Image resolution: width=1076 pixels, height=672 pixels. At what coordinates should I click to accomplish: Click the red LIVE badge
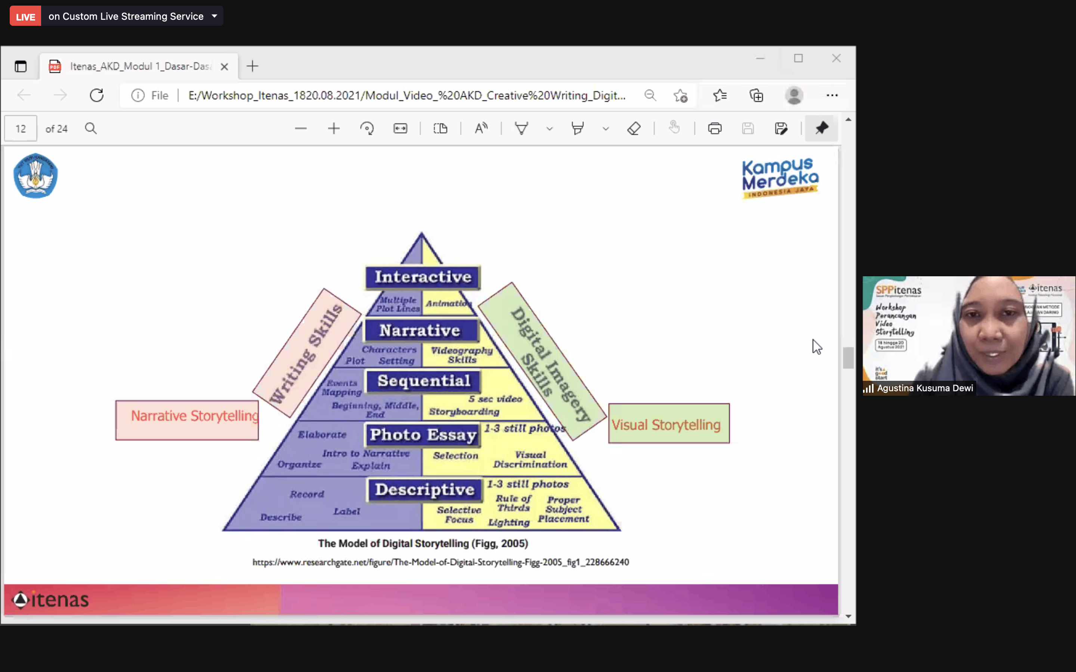(x=25, y=16)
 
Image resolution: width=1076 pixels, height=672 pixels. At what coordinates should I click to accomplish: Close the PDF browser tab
(x=225, y=67)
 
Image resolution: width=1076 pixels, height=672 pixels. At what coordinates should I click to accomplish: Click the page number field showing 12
(x=21, y=129)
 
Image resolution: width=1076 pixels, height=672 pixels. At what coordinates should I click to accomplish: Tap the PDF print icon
(x=714, y=129)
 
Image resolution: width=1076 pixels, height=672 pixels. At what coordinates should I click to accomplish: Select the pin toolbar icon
(x=821, y=128)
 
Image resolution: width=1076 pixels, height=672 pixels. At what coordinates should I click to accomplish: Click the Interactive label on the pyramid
(x=423, y=277)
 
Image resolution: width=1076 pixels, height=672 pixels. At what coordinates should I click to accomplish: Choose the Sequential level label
(x=424, y=381)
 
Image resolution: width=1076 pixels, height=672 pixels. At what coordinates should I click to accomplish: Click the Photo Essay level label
(x=423, y=435)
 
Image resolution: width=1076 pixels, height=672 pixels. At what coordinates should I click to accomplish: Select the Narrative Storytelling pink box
(x=187, y=420)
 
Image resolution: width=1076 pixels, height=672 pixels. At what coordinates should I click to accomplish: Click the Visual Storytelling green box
(x=669, y=424)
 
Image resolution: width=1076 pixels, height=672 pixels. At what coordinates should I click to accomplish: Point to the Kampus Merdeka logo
(x=780, y=178)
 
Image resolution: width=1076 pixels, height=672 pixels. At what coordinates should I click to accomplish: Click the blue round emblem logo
(x=35, y=175)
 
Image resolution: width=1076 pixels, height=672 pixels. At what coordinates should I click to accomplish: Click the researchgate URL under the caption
(x=440, y=562)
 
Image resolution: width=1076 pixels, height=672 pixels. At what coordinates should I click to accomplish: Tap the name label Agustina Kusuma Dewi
(x=925, y=388)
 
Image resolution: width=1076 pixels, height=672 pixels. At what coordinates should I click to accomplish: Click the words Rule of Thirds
(x=514, y=503)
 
